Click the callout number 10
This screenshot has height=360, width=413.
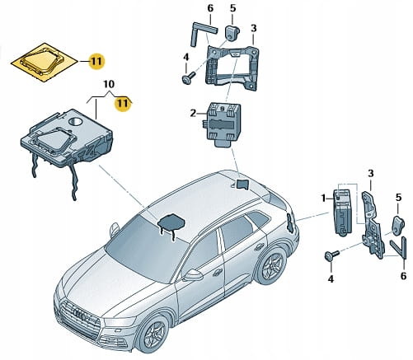coord(110,84)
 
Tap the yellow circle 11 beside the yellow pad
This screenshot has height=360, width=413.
coord(96,61)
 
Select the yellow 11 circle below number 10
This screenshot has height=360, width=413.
coord(122,104)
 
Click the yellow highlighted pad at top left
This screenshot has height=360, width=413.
coord(44,63)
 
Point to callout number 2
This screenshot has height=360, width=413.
coord(194,113)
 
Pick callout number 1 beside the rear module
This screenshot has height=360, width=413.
coord(323,198)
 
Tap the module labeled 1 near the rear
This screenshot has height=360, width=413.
coord(342,213)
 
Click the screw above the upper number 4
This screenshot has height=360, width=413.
coord(189,77)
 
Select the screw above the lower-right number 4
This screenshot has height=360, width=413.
coord(332,255)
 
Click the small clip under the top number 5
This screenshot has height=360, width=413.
coord(232,33)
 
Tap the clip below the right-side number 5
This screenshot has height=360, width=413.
coord(398,225)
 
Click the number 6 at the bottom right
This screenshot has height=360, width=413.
coord(403,276)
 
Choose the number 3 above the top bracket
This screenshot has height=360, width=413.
coord(254,28)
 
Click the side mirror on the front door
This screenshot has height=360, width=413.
coord(193,275)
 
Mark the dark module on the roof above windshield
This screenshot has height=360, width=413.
coord(171,222)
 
